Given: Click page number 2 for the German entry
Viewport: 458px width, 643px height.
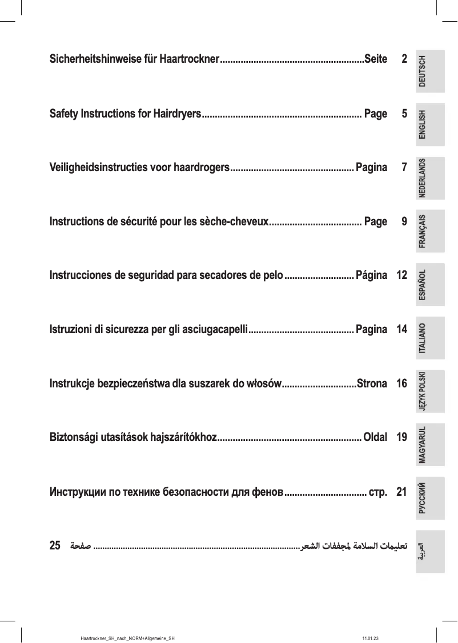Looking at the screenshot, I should coord(404,59).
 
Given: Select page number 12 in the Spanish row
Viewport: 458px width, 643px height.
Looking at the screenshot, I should coord(401,276).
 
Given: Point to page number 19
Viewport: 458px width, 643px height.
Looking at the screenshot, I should coord(401,438).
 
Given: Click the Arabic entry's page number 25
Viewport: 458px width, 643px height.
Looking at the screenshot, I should coord(55,545).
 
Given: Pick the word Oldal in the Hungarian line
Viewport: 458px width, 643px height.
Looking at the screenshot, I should coord(375,438).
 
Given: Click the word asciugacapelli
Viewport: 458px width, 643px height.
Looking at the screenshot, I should coord(215,330).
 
